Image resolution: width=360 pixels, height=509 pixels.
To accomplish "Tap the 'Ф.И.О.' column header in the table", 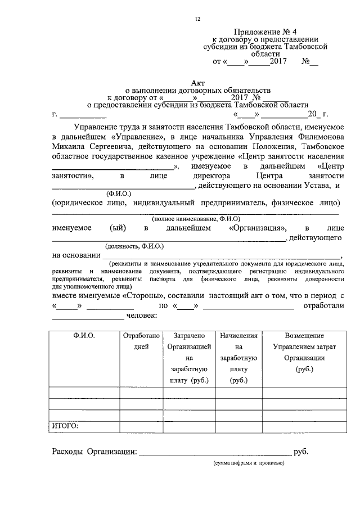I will (84, 335).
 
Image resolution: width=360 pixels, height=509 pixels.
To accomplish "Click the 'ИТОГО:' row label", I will (65, 426).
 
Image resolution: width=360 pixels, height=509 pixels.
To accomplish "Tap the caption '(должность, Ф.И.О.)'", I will (133, 246).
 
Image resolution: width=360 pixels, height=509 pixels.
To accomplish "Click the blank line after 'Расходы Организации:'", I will (215, 453).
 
